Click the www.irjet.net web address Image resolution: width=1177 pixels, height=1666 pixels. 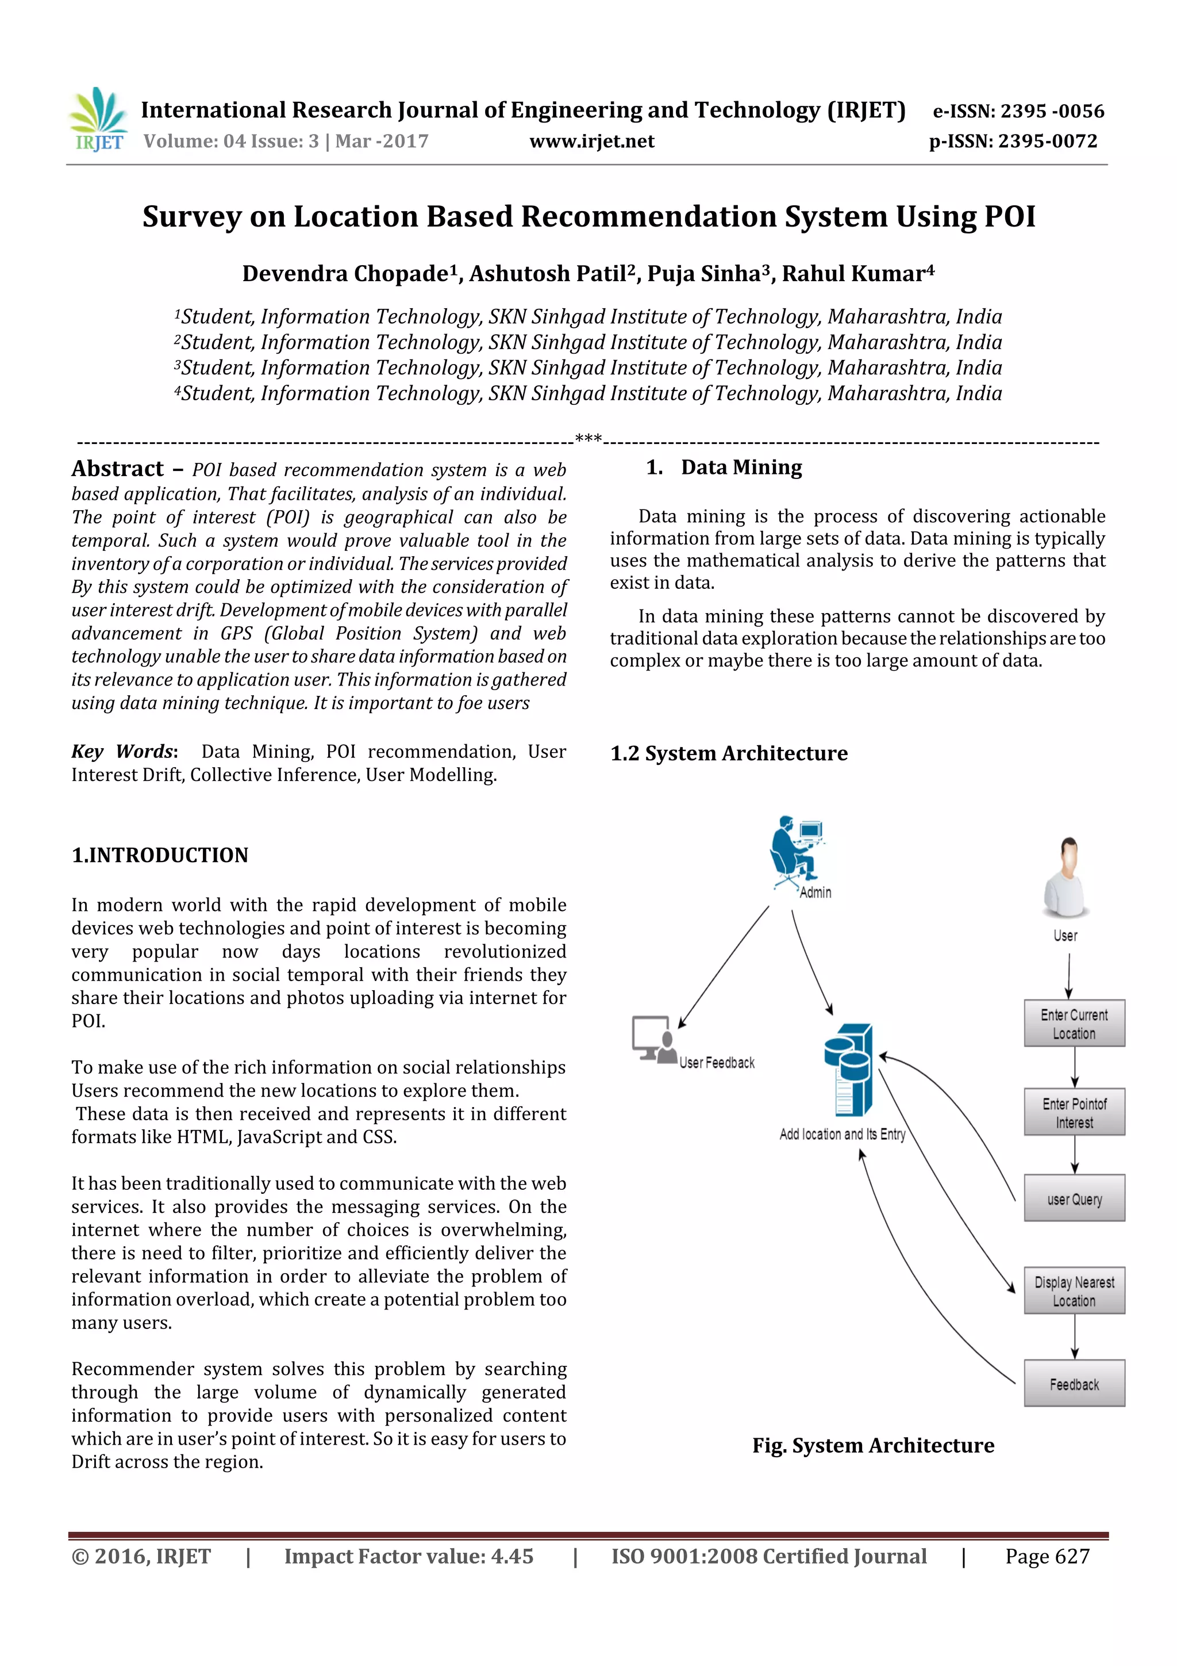592,141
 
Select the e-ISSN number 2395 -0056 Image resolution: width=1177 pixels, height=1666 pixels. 1052,111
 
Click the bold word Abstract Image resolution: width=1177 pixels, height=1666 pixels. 117,469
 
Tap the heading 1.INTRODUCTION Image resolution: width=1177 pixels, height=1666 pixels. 160,855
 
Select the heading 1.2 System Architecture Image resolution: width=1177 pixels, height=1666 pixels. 729,753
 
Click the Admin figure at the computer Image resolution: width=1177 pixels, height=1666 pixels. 797,853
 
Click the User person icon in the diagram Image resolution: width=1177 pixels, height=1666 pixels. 1066,878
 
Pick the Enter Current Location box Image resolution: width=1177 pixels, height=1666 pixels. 1074,1023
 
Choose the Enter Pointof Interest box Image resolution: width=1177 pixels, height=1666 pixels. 1074,1112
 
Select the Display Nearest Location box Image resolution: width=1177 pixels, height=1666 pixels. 1074,1291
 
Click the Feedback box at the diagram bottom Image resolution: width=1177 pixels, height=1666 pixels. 1074,1384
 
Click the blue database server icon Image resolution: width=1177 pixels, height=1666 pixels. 848,1070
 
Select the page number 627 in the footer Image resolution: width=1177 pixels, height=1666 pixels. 1071,1556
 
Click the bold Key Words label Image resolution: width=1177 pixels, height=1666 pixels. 124,752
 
